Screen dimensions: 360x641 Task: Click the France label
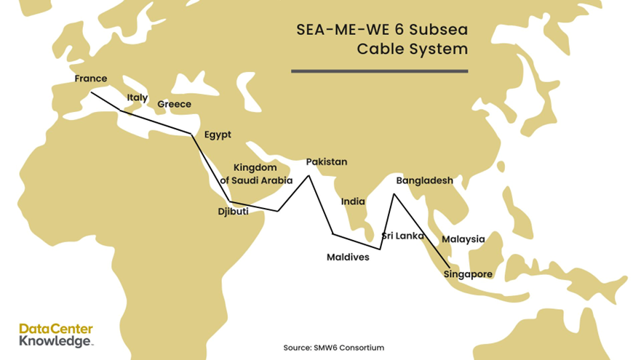click(90, 79)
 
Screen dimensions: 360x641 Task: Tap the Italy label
click(137, 97)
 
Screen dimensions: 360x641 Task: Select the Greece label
click(174, 105)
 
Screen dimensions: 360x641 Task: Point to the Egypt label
click(218, 135)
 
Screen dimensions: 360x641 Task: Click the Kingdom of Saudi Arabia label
click(256, 174)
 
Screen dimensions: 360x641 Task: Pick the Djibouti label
click(234, 212)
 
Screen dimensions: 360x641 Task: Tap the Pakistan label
click(327, 161)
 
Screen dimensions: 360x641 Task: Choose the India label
click(353, 202)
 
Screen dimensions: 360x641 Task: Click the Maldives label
click(348, 257)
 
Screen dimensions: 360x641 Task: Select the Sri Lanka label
click(403, 236)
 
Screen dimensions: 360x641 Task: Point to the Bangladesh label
click(424, 180)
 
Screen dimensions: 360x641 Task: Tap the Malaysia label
click(463, 239)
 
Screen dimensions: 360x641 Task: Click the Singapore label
click(468, 274)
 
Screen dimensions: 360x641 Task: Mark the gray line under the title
click(379, 71)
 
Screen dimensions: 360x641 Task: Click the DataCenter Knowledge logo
click(57, 335)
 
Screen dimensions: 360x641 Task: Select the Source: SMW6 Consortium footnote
click(333, 348)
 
